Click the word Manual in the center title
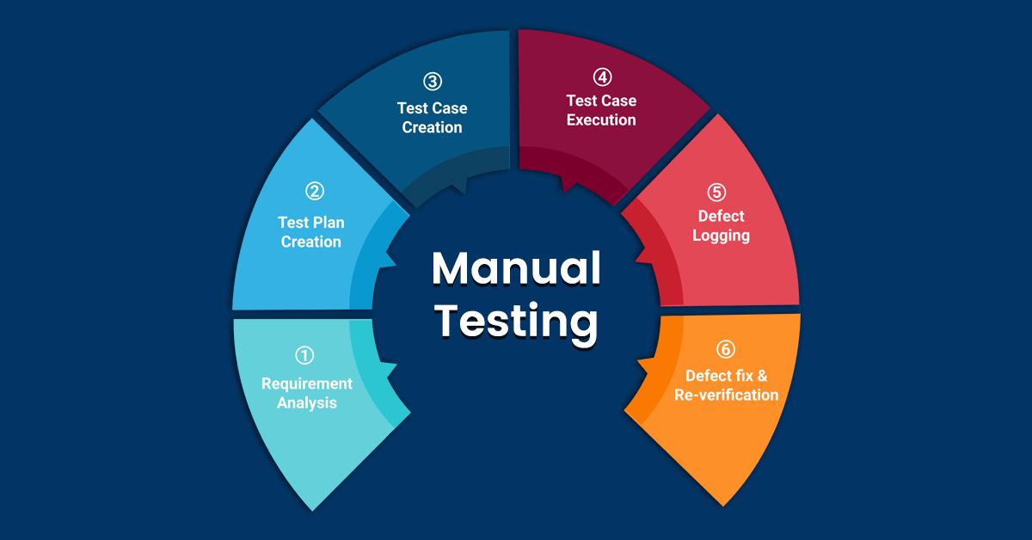pyautogui.click(x=515, y=269)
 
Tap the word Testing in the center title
pyautogui.click(x=515, y=322)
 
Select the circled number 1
pyautogui.click(x=305, y=354)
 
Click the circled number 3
pyautogui.click(x=432, y=82)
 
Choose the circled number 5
pyautogui.click(x=717, y=192)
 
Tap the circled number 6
pyautogui.click(x=726, y=349)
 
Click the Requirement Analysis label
pyautogui.click(x=307, y=393)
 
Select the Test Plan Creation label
pyautogui.click(x=310, y=232)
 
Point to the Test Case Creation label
pyautogui.click(x=432, y=118)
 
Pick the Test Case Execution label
pyautogui.click(x=601, y=110)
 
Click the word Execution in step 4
pyautogui.click(x=601, y=120)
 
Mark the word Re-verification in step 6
pyautogui.click(x=732, y=396)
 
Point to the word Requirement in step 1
pyautogui.click(x=307, y=384)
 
